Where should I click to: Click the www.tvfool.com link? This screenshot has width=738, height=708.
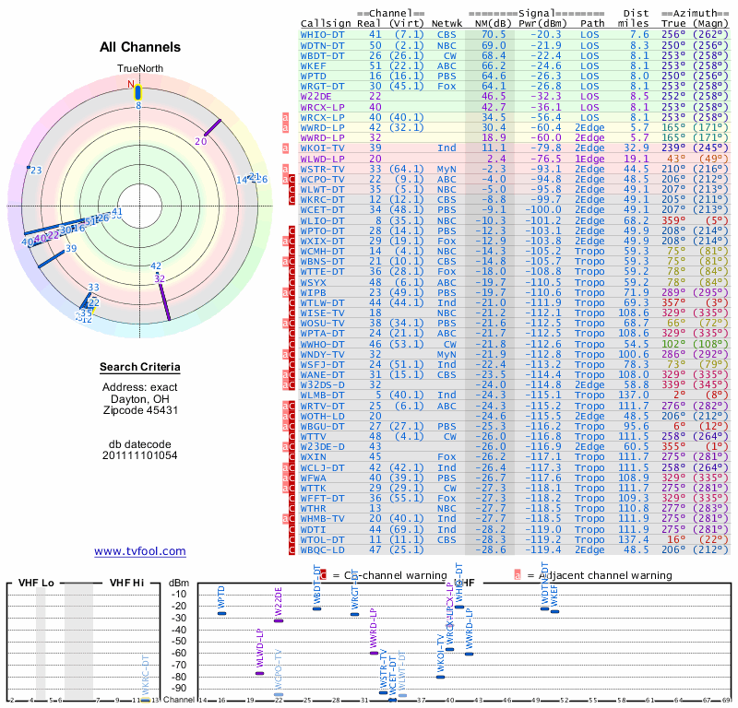pos(140,551)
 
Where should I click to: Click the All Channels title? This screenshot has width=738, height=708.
pos(140,47)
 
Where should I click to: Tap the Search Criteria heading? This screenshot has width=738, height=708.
pos(140,368)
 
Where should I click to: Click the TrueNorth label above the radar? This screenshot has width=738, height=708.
pos(139,69)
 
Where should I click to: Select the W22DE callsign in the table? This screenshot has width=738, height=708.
pos(316,96)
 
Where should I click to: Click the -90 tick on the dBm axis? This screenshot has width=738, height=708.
pos(178,688)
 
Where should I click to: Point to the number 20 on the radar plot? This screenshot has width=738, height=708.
pos(201,141)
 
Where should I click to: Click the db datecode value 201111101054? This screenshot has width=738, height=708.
pos(139,454)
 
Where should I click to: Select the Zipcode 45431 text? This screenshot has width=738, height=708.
pos(140,410)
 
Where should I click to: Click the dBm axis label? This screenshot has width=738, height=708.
pos(177,583)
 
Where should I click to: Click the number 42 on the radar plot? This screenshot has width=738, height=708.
pos(155,266)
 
